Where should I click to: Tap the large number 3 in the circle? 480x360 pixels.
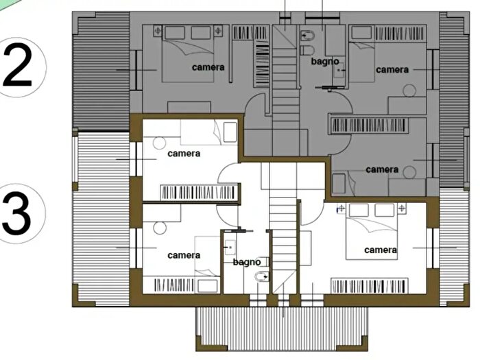[17, 213]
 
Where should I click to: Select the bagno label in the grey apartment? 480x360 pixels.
[325, 62]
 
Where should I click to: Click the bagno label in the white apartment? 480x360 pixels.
[247, 262]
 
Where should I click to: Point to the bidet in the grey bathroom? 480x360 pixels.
[308, 36]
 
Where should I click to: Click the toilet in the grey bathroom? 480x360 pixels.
[308, 50]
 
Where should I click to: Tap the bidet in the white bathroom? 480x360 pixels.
[262, 277]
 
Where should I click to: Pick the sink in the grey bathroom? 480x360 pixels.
[339, 70]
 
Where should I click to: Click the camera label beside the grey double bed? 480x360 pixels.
[208, 67]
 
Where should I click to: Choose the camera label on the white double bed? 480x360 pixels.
[381, 250]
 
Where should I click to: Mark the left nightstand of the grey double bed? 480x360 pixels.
[158, 31]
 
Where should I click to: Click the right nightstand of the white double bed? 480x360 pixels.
[401, 208]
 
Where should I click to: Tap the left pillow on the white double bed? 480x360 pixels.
[359, 211]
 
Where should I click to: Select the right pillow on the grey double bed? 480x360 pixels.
[201, 33]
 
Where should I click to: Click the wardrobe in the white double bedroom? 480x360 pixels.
[370, 286]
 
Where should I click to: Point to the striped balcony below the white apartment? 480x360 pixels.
[282, 329]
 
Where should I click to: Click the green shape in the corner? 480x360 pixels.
[5, 4]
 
